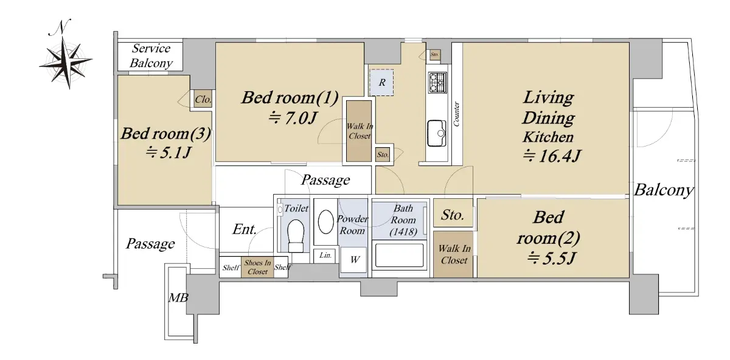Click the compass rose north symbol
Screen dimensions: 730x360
click(66, 55)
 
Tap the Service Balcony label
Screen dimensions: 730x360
click(151, 56)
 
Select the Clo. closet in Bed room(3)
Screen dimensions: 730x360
click(203, 99)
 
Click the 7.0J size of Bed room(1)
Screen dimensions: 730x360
click(292, 118)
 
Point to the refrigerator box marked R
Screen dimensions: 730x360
click(381, 83)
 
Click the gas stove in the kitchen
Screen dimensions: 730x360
click(437, 83)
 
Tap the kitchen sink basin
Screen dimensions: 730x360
click(437, 133)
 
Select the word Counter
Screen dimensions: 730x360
click(456, 114)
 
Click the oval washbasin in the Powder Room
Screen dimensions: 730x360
click(325, 222)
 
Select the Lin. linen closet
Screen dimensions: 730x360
click(325, 256)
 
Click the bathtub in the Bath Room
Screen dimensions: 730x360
click(399, 255)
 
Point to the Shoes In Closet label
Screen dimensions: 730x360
click(257, 267)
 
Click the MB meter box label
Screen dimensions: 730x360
click(178, 298)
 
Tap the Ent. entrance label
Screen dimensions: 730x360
click(244, 229)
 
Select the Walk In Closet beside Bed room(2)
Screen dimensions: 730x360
click(453, 254)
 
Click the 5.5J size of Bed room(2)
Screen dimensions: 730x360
click(551, 259)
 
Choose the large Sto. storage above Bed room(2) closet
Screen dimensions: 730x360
click(453, 213)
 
